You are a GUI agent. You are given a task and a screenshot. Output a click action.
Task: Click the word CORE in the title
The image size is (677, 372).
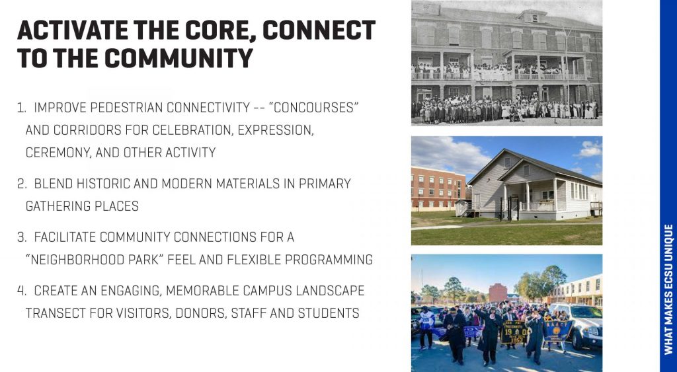[218, 30]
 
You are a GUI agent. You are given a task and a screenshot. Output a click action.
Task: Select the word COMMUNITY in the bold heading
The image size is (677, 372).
[178, 58]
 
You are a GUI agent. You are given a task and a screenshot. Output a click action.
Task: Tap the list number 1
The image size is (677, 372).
[20, 108]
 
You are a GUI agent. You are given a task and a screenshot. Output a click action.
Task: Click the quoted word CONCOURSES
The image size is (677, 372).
[313, 107]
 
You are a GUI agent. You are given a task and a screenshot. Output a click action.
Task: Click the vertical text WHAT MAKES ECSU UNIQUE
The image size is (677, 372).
[669, 289]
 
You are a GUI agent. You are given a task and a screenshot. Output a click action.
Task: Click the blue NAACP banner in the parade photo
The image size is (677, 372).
[558, 329]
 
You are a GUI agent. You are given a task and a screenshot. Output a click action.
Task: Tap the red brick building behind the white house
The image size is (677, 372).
[438, 188]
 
